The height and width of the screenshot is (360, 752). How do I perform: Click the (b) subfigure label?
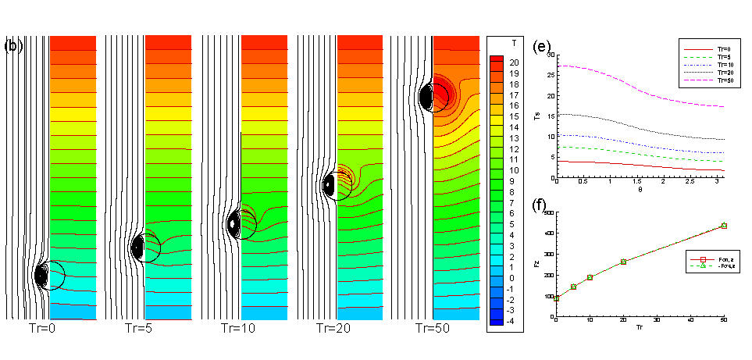[x=14, y=45]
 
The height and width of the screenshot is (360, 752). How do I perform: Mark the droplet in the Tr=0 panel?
[x=46, y=275]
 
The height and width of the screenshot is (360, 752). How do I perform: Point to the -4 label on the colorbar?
[x=513, y=321]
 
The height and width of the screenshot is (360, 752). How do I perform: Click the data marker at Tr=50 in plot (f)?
[x=724, y=226]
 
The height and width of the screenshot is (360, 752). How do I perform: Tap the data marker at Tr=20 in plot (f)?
[x=623, y=262]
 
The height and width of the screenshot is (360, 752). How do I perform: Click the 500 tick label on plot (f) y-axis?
[x=547, y=212]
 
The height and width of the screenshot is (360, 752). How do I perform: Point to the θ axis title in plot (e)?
[x=640, y=189]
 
